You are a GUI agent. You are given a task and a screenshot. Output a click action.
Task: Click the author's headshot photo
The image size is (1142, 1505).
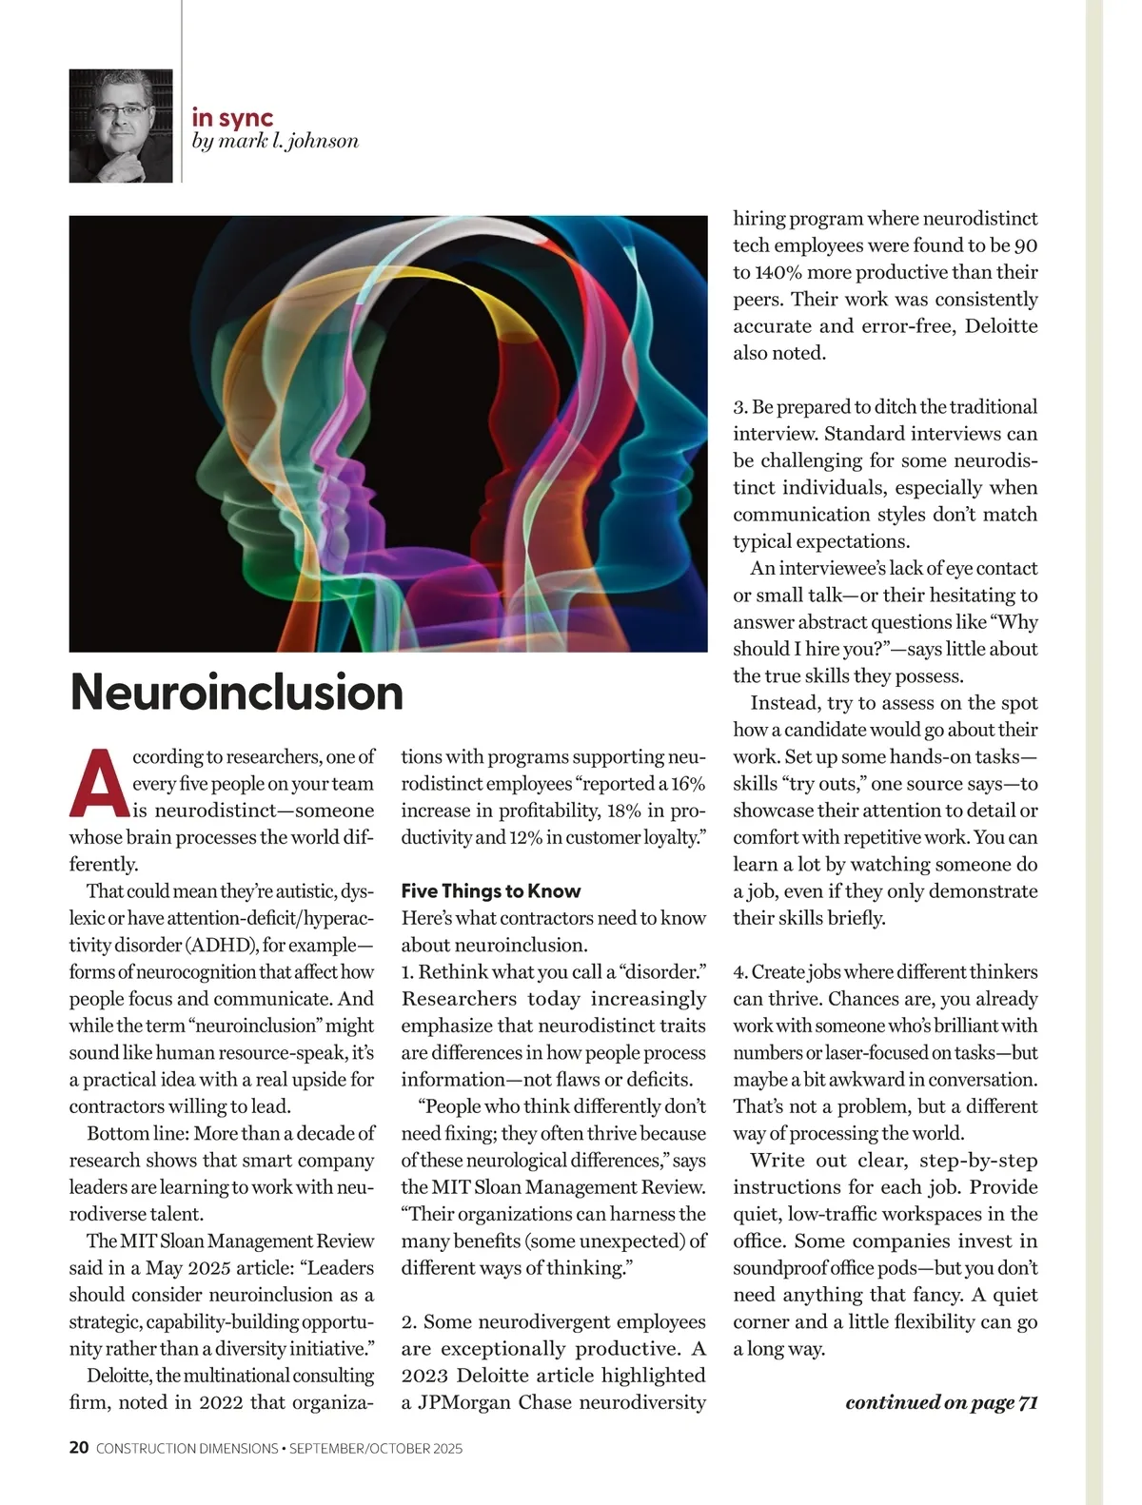click(x=121, y=126)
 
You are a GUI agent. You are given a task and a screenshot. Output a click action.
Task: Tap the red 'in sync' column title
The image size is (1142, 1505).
click(x=232, y=118)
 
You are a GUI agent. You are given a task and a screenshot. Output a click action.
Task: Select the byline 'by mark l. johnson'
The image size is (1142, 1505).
click(x=275, y=142)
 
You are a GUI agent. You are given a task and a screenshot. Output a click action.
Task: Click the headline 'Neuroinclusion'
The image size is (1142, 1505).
click(x=236, y=692)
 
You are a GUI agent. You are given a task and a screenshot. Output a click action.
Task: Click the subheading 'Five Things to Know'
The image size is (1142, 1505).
click(x=490, y=891)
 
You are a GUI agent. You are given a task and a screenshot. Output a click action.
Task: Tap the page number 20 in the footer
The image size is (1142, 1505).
click(x=79, y=1448)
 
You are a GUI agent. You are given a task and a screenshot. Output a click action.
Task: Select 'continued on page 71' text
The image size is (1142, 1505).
click(x=940, y=1402)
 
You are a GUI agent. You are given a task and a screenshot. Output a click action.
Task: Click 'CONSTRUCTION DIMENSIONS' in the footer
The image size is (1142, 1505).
click(x=187, y=1449)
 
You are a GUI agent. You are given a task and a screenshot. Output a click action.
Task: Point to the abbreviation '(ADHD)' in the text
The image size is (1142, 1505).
click(x=221, y=946)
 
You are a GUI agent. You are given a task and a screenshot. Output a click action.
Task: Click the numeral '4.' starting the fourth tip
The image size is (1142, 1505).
click(x=739, y=972)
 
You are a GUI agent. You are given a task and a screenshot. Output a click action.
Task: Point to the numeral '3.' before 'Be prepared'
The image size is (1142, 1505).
click(x=739, y=407)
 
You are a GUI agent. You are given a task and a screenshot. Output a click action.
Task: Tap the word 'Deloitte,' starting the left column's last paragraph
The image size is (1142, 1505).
click(x=119, y=1376)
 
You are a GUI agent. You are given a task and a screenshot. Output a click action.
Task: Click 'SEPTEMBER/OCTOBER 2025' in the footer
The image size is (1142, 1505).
click(x=376, y=1449)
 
